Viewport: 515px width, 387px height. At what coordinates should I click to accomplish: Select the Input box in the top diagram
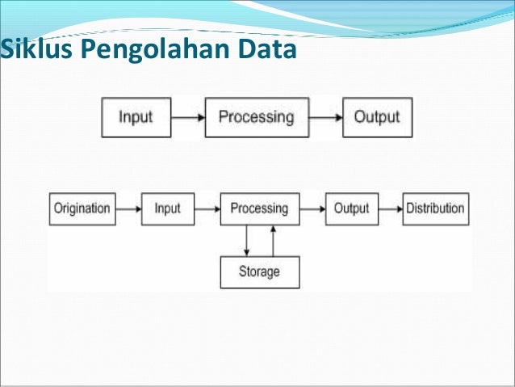click(136, 116)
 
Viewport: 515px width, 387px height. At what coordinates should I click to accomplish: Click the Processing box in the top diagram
click(257, 116)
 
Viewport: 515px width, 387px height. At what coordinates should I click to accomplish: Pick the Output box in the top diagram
click(376, 116)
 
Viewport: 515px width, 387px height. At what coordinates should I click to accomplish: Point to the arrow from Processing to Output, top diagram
click(325, 116)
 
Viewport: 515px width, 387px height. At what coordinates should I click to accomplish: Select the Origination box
click(82, 208)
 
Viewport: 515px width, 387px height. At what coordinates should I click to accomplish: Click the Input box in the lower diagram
click(167, 208)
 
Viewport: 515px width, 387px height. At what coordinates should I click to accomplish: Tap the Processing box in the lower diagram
click(259, 208)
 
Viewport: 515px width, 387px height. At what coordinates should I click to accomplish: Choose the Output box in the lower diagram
click(351, 208)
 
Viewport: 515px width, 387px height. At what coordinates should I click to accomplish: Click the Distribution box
click(435, 208)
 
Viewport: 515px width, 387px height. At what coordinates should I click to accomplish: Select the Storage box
click(259, 271)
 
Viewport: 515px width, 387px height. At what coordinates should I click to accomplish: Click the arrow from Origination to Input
click(127, 208)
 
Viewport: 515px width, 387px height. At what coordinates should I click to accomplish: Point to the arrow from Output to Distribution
click(391, 208)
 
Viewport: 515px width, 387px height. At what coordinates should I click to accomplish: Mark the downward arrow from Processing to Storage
click(246, 241)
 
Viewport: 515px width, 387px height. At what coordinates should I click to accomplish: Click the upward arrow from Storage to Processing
click(274, 241)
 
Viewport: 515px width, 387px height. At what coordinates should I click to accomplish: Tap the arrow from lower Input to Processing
click(207, 208)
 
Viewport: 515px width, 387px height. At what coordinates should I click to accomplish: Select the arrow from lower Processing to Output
click(312, 208)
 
